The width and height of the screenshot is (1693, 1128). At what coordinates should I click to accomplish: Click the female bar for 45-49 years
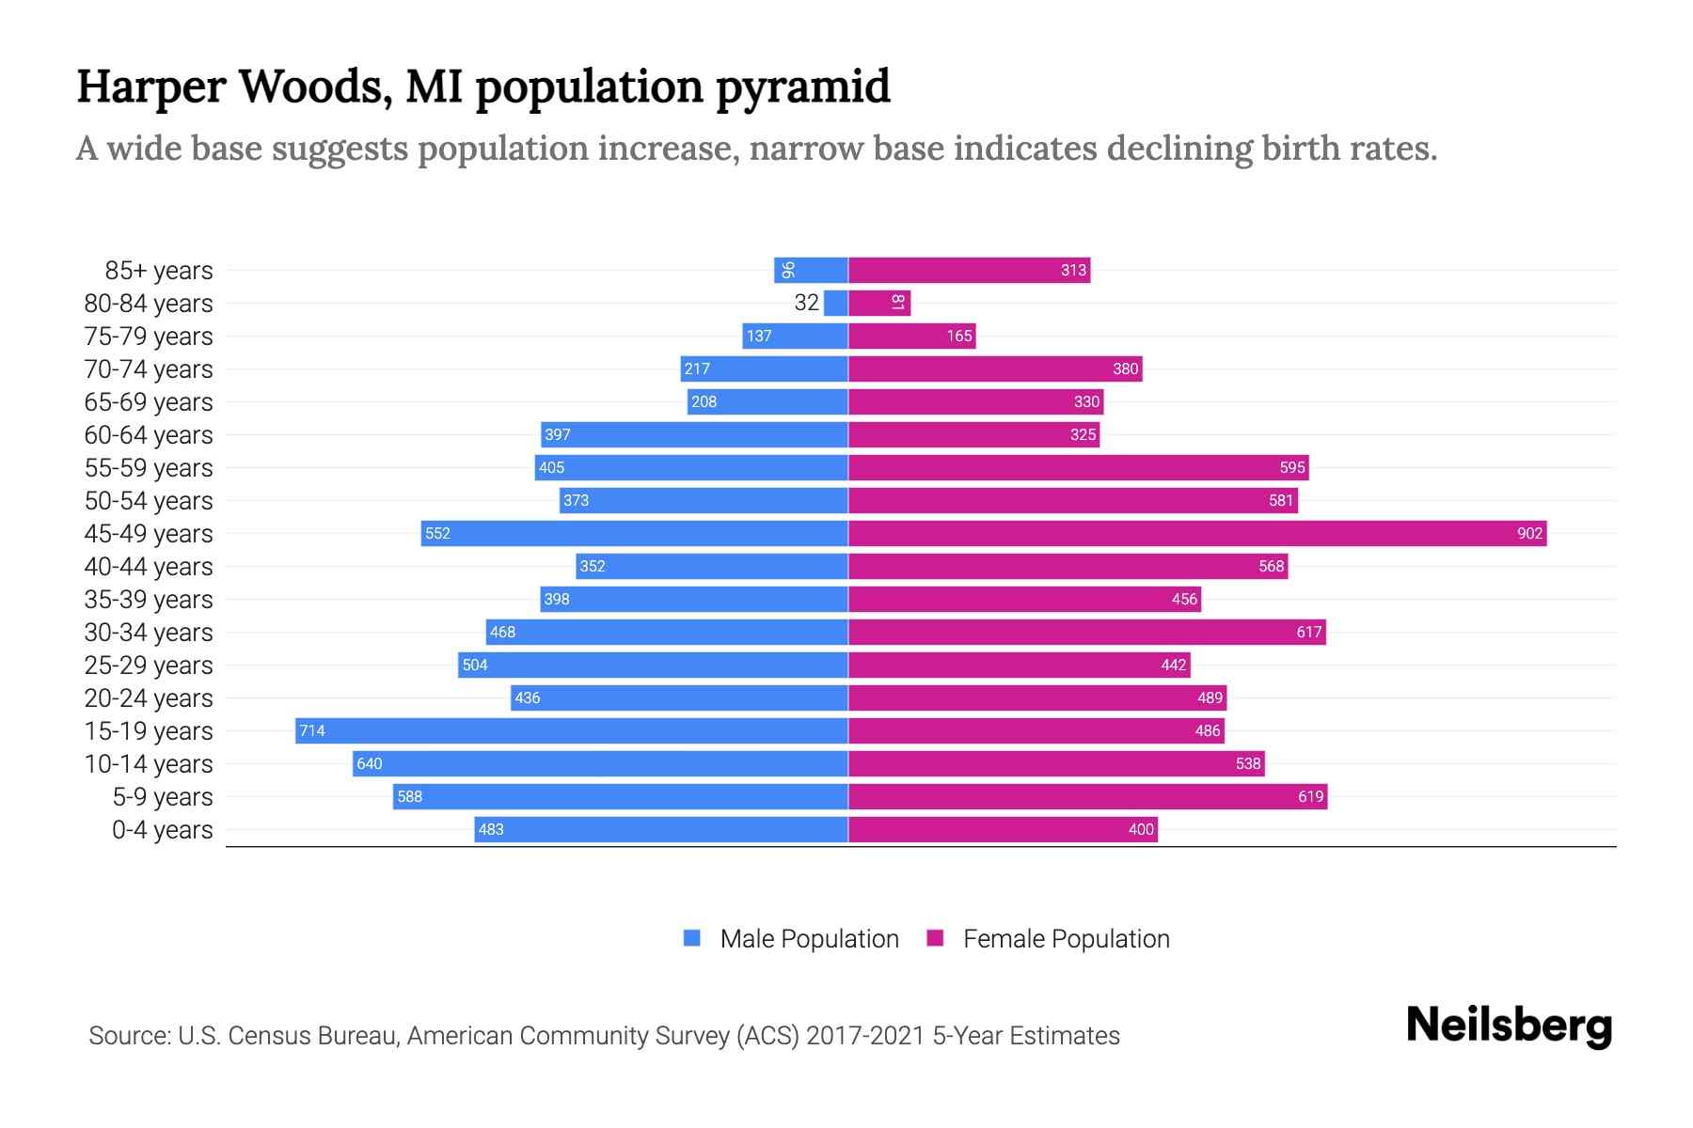click(x=1196, y=534)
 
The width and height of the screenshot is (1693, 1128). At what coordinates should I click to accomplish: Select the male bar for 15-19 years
click(x=572, y=731)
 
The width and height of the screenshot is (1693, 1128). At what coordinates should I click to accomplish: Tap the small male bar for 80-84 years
click(x=835, y=304)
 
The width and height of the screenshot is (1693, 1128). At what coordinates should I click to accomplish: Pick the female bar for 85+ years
click(x=969, y=271)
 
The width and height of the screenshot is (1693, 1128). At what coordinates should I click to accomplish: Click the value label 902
click(x=1529, y=534)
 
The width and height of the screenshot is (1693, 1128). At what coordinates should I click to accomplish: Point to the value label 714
click(x=312, y=731)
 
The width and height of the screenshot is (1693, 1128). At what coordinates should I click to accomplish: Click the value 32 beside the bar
click(x=806, y=303)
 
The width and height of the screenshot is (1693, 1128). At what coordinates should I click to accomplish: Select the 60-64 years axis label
click(x=149, y=435)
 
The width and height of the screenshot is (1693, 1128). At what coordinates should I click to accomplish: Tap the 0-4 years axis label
click(x=162, y=830)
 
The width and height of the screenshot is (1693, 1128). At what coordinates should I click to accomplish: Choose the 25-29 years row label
click(x=149, y=666)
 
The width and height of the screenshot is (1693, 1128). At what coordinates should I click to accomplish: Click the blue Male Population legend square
click(x=692, y=938)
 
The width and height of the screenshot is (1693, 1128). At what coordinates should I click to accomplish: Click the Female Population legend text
click(x=1066, y=939)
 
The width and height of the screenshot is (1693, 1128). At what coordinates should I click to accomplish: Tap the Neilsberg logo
click(x=1509, y=1026)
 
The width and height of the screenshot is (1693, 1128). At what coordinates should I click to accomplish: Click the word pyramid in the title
click(x=802, y=87)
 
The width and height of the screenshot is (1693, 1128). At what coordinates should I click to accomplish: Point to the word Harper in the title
click(x=150, y=87)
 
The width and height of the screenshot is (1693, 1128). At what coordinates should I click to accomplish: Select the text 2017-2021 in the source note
click(x=865, y=1036)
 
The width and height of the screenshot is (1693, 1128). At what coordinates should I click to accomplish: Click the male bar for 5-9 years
click(x=621, y=797)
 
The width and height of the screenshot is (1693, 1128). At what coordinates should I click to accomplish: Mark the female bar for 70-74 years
click(x=995, y=369)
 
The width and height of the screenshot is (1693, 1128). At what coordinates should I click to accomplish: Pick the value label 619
click(x=1310, y=797)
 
